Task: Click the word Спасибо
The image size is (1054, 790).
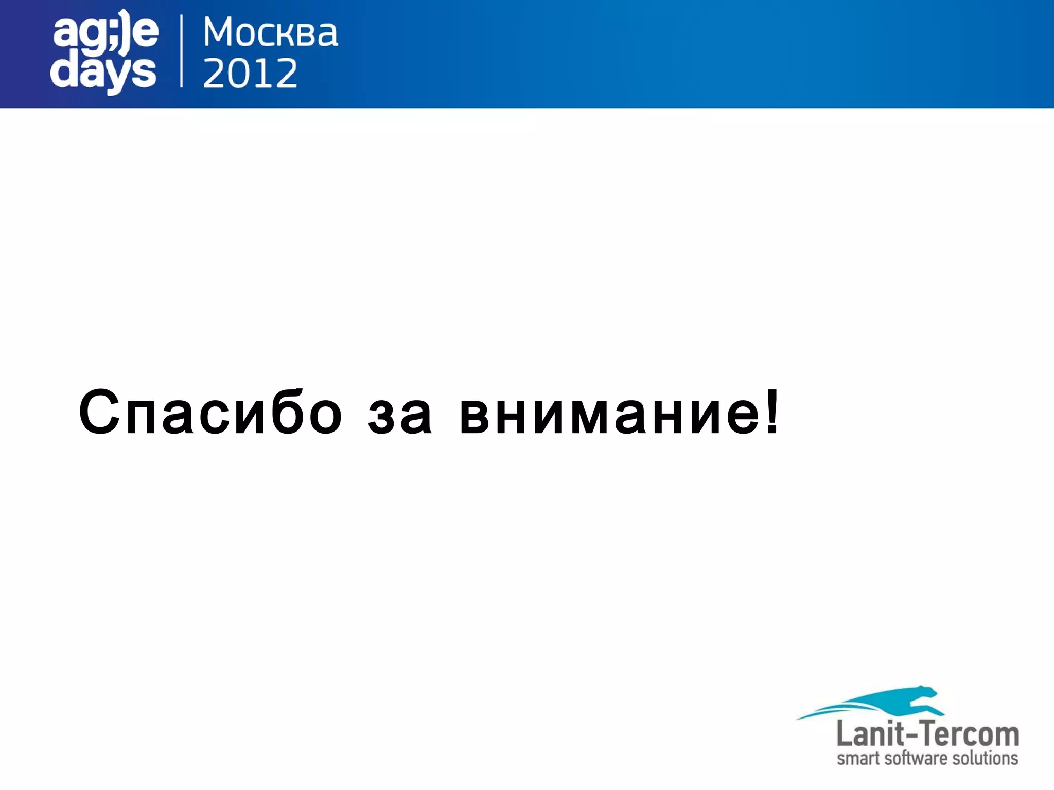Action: pyautogui.click(x=210, y=413)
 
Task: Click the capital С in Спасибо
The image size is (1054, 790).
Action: pyautogui.click(x=100, y=413)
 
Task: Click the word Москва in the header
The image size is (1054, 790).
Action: pyautogui.click(x=270, y=32)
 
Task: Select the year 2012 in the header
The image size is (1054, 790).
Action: pyautogui.click(x=250, y=73)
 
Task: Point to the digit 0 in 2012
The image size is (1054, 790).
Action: pyautogui.click(x=238, y=73)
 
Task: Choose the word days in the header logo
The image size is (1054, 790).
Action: pyautogui.click(x=103, y=74)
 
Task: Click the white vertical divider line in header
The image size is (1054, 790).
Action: pyautogui.click(x=181, y=51)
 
